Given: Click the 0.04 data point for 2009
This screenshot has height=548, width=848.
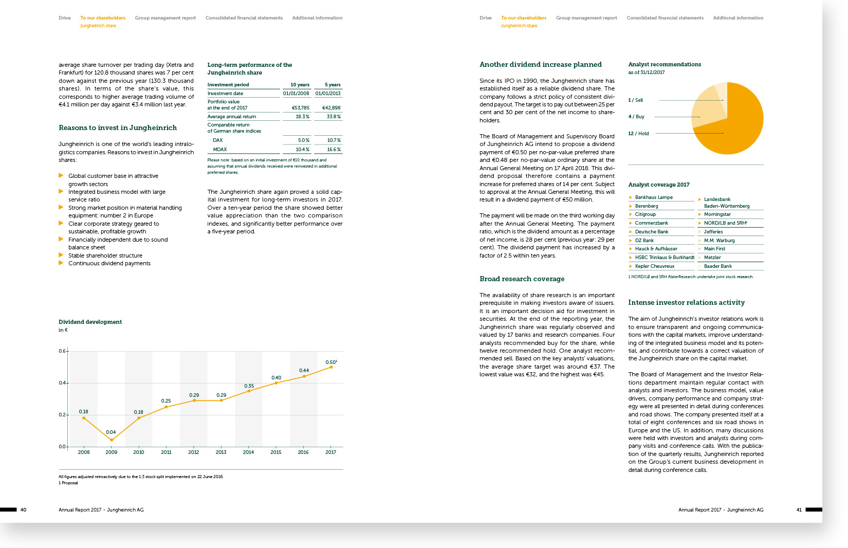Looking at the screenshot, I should click(x=112, y=440).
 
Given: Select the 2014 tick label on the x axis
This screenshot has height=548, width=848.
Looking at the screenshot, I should click(x=248, y=452).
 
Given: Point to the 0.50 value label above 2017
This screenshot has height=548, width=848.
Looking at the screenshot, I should click(x=331, y=362).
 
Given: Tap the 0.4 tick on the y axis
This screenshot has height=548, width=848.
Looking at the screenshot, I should click(x=62, y=383).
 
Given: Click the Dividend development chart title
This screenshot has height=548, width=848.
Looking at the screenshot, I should click(x=90, y=322).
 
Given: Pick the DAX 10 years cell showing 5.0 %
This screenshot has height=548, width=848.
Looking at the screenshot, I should click(x=303, y=140).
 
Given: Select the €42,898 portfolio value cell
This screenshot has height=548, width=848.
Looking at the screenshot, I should click(x=331, y=108).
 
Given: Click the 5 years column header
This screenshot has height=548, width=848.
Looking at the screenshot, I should click(x=333, y=85).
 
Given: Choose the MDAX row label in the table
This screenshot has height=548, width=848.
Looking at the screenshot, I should click(x=220, y=150).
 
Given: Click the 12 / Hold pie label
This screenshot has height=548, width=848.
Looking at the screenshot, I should click(x=638, y=134).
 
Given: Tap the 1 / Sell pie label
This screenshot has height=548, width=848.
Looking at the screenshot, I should click(x=635, y=100).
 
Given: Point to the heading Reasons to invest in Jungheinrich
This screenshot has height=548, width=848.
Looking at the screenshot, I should click(x=118, y=128).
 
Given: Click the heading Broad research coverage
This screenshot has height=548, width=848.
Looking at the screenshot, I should click(x=522, y=279).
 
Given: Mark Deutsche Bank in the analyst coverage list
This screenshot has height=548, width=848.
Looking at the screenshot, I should click(x=651, y=232).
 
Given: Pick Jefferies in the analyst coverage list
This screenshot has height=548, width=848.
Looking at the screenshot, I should click(x=713, y=232).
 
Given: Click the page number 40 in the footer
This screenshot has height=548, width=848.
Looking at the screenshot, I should click(x=23, y=510).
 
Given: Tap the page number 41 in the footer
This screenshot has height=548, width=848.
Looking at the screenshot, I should click(x=799, y=510).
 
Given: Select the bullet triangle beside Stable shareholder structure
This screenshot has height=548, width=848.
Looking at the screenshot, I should click(x=61, y=255).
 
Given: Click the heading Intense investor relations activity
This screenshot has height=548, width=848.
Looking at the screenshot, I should click(x=686, y=303).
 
